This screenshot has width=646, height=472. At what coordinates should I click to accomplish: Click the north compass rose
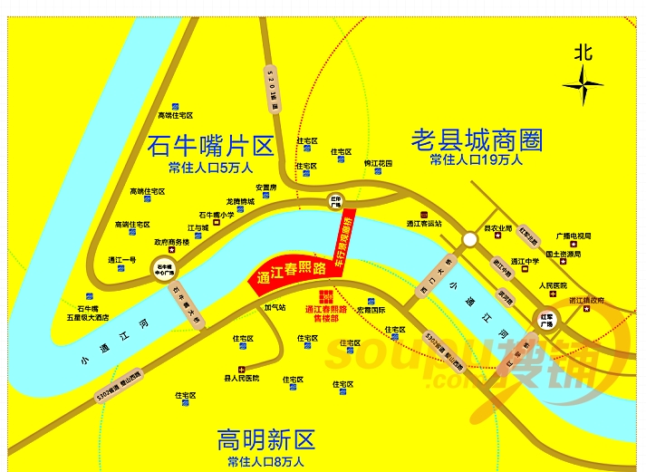coord(583,86)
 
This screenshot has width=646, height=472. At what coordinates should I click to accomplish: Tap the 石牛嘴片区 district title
coord(210,146)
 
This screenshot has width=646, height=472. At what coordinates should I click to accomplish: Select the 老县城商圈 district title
coord(477,140)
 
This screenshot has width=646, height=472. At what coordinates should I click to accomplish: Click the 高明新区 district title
coord(266,441)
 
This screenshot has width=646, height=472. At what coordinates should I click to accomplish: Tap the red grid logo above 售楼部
coord(325,298)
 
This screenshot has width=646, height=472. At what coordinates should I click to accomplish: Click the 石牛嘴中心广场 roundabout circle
coord(164,269)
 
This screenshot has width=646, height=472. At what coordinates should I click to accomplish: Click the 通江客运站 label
coord(423,223)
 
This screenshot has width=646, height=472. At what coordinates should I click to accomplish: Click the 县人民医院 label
coord(241,378)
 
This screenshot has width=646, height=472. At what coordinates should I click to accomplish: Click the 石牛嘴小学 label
coord(217,215)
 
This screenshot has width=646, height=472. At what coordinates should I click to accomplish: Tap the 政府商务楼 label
coord(171,242)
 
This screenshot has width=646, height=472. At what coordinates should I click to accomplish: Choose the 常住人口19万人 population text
coord(477,160)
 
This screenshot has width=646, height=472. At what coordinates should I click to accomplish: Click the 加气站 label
coord(275,307)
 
